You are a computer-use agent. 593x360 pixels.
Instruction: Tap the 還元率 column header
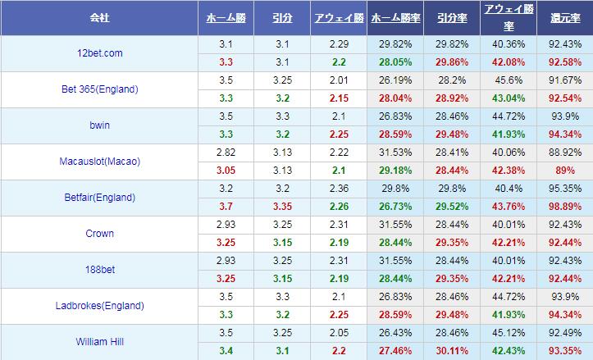click(563, 16)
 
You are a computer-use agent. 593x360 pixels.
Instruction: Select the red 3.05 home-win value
click(226, 170)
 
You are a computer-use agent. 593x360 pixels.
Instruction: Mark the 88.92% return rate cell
click(563, 153)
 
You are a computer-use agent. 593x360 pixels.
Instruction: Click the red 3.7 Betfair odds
click(226, 206)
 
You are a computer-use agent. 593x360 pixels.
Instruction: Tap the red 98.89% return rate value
click(563, 206)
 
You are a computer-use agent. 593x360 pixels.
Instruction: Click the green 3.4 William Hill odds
click(226, 350)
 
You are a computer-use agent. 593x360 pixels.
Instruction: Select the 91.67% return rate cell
click(563, 80)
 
